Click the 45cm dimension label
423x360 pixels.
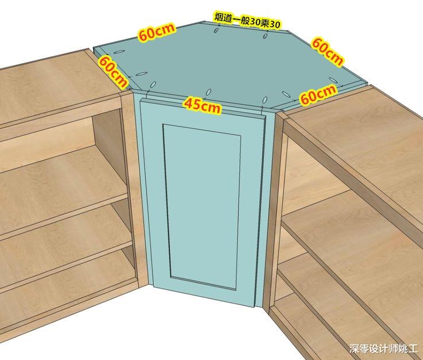point(202,105)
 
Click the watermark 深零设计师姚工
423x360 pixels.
point(383,348)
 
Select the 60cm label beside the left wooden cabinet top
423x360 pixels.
point(113,72)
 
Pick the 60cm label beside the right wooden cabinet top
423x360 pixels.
point(318,93)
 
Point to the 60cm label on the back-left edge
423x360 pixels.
point(157,32)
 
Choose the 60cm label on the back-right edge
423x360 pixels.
point(328,52)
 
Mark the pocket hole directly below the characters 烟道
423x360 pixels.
point(216,30)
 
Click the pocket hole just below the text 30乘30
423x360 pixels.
point(266,35)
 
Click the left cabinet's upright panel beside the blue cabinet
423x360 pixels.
point(133,189)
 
